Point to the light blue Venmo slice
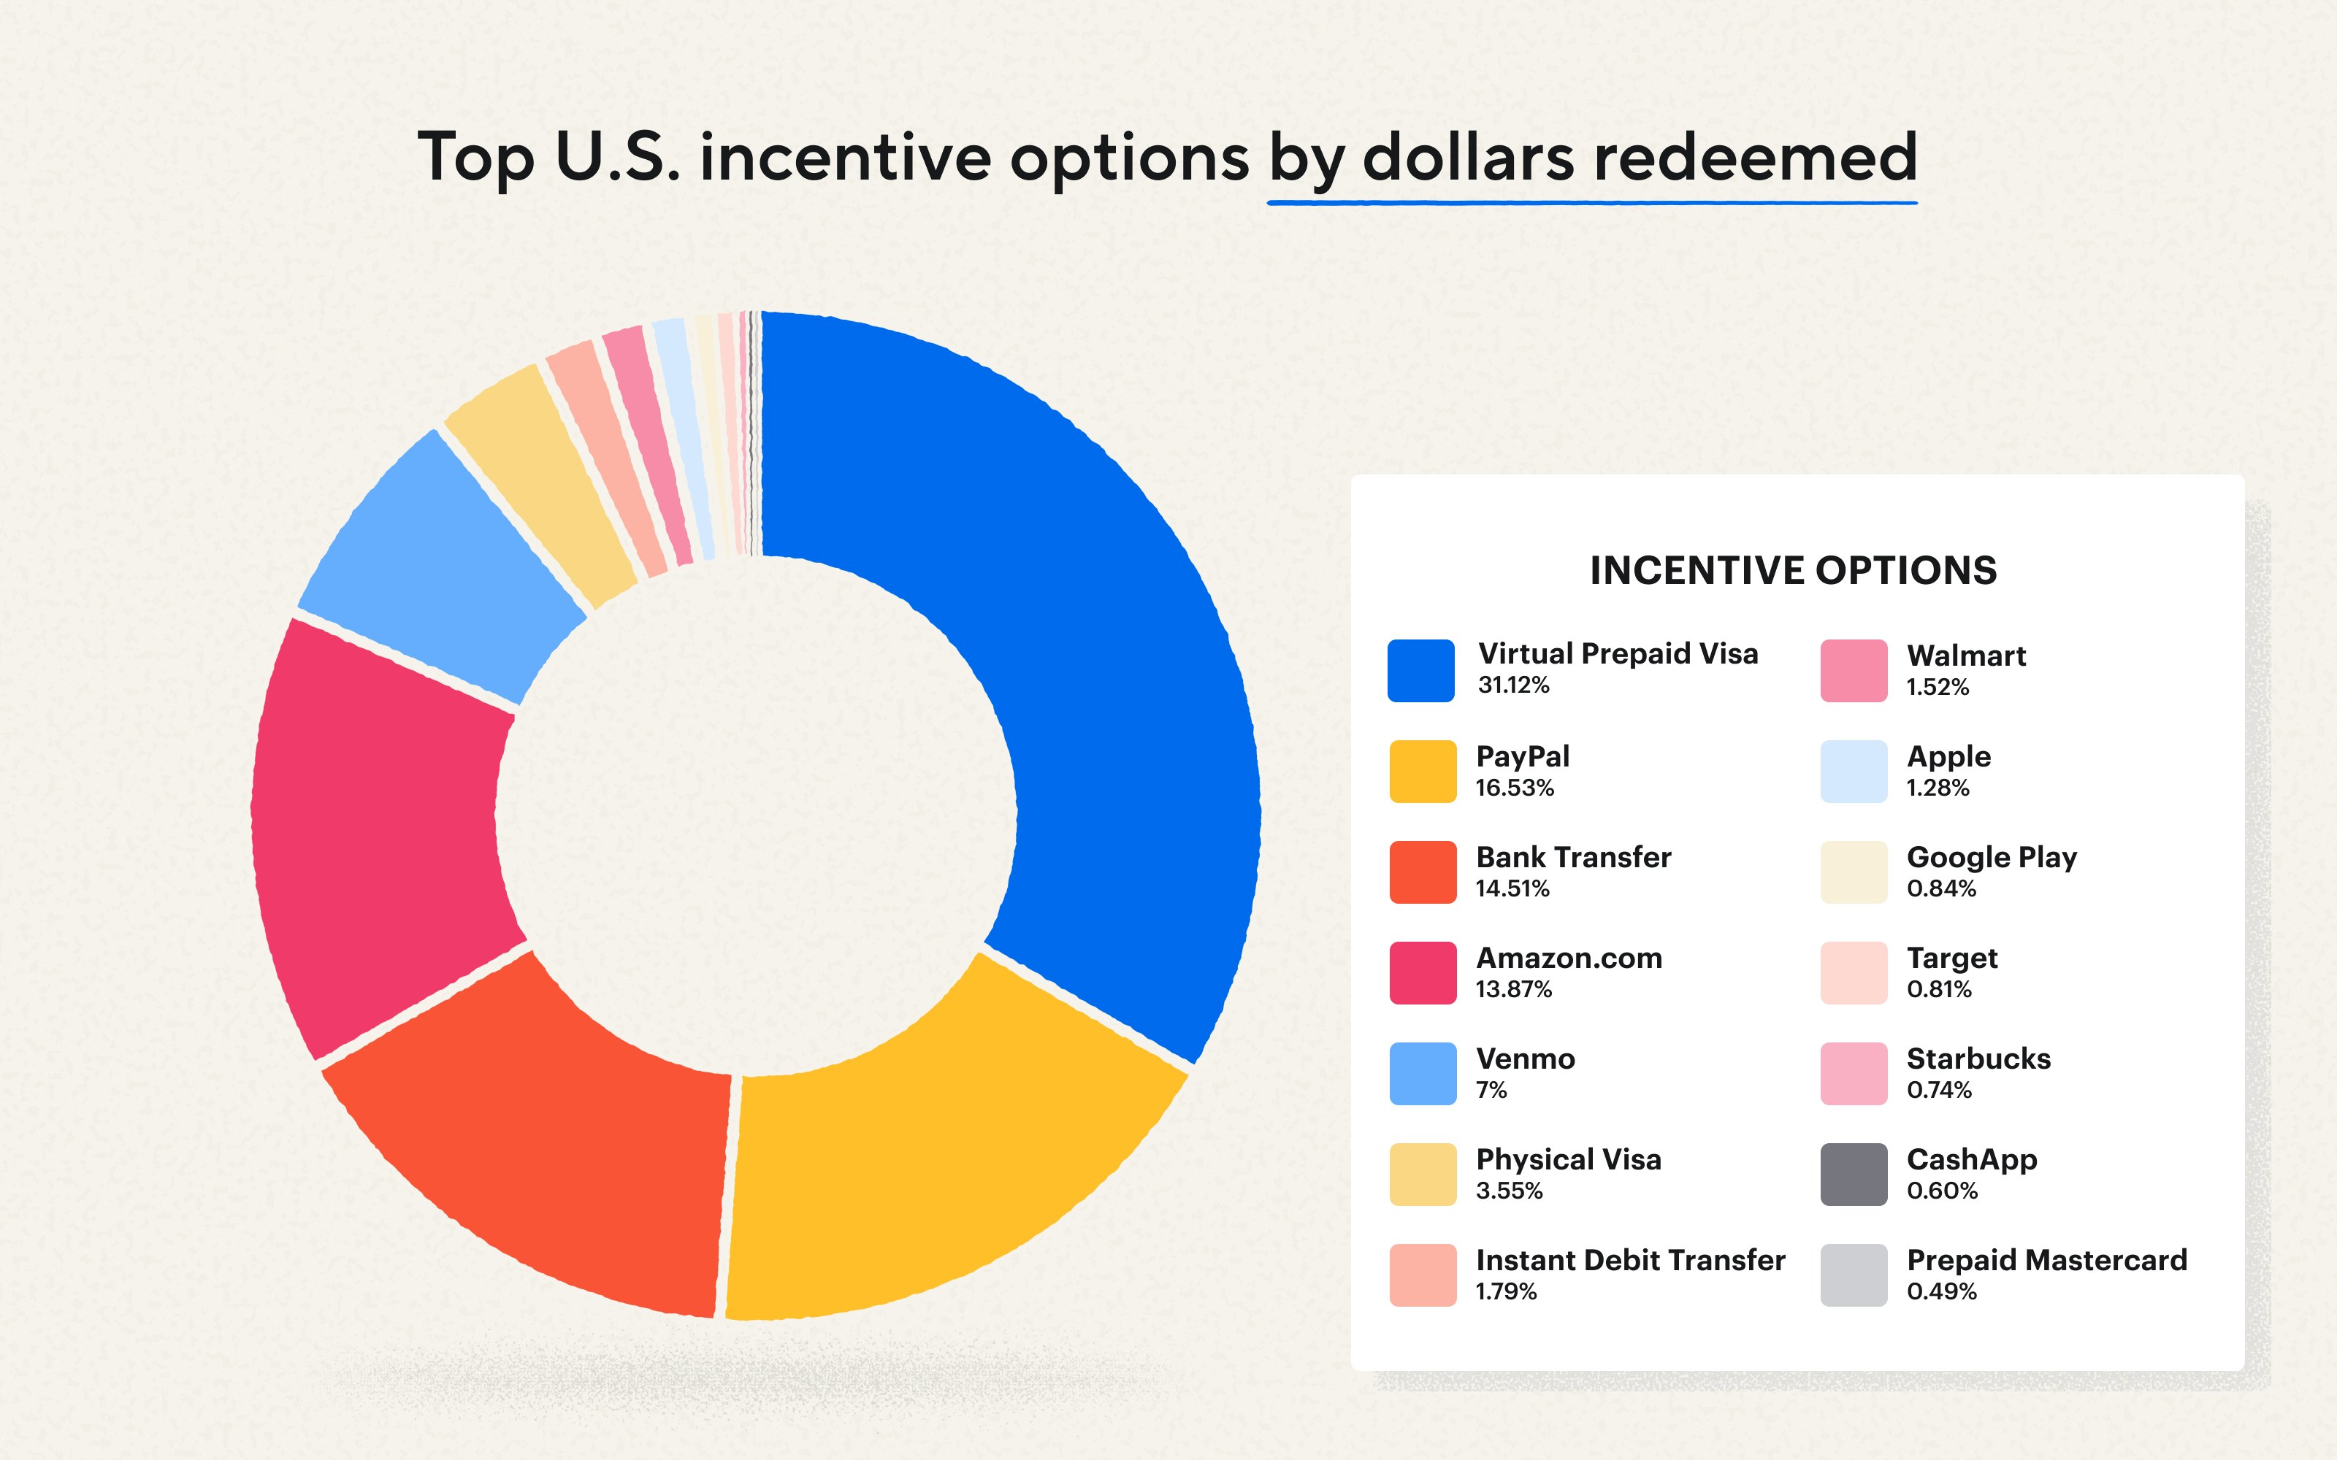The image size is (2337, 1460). pos(444,569)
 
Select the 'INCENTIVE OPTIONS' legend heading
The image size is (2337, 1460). pos(1794,571)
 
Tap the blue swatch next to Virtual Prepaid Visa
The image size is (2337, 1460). pos(1420,670)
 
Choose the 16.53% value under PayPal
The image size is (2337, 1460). pos(1514,788)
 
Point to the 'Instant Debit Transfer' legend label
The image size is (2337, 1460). pos(1630,1260)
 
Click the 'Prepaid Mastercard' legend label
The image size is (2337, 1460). pos(2046,1260)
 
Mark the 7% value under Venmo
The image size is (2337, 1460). pos(1491,1090)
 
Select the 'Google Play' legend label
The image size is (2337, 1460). pos(1992,858)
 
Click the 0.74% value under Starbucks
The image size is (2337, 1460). pos(1939,1090)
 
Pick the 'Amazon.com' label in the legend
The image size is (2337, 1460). pos(1569,958)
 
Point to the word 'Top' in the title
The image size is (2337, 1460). pos(475,158)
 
